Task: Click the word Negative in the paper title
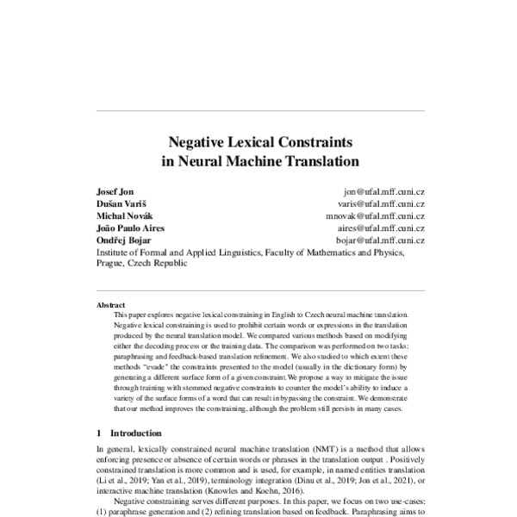[197, 141]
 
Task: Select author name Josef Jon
[115, 191]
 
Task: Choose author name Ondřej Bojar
[123, 240]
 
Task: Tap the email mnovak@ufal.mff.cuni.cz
[376, 215]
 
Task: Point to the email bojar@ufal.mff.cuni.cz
[380, 240]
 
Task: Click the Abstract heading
[111, 305]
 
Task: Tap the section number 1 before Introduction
[100, 433]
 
